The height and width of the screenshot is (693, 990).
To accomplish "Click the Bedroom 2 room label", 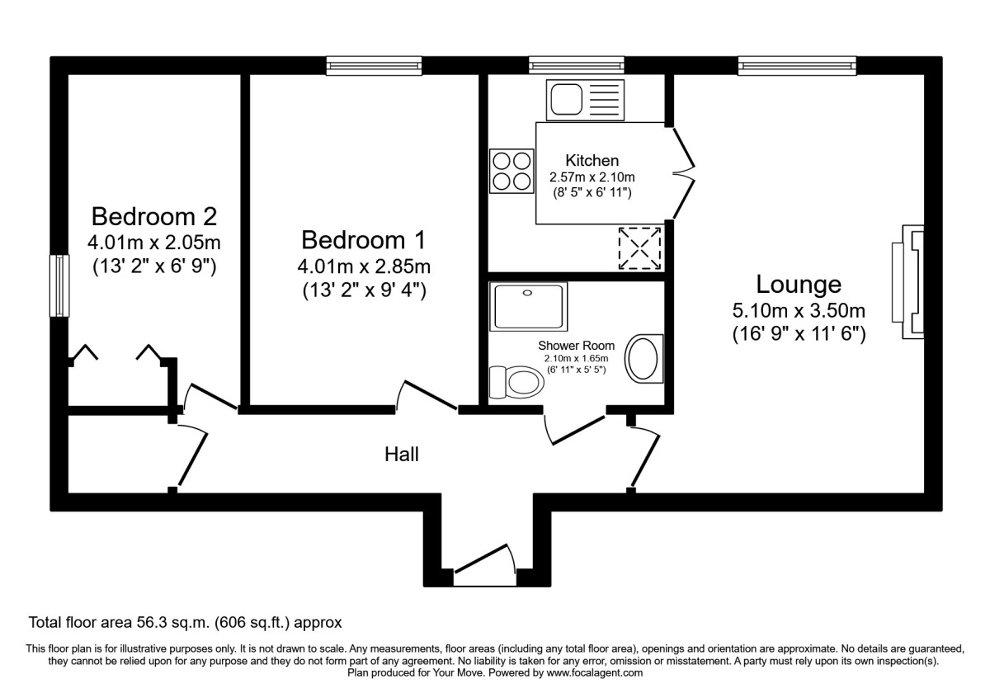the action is (x=153, y=216).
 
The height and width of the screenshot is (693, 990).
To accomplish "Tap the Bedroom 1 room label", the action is (x=363, y=240).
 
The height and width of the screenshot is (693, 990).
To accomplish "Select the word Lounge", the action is (x=799, y=284).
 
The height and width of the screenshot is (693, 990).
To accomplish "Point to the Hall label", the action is (x=401, y=455).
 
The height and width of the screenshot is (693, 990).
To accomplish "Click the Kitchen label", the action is (x=592, y=160).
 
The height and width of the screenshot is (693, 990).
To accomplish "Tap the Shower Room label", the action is (x=577, y=346).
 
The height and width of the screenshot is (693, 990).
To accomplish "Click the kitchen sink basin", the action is (x=566, y=100).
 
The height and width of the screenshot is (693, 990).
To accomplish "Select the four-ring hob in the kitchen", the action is (x=511, y=171).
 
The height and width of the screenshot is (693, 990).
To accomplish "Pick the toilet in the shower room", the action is (x=516, y=382).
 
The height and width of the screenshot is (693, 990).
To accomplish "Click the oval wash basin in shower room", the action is (x=643, y=358).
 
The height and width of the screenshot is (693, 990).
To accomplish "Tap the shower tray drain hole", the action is (x=527, y=293).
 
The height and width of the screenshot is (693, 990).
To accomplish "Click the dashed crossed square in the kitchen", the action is (x=639, y=248).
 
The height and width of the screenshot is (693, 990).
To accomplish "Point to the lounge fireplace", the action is (x=908, y=282).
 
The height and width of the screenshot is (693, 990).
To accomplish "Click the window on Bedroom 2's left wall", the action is (x=59, y=285).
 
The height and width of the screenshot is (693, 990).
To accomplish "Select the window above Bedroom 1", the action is (x=374, y=66).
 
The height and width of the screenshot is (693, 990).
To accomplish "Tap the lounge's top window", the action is (x=797, y=65).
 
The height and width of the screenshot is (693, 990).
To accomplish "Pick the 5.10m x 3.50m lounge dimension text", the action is (x=799, y=311).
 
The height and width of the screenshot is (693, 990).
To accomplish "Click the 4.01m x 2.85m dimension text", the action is (x=364, y=266).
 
